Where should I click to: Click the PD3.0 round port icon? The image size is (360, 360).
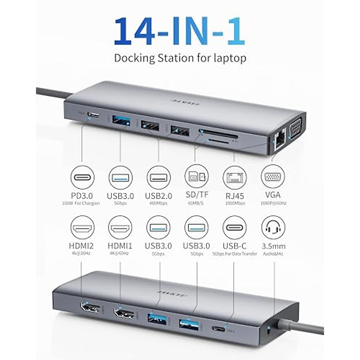[x=82, y=177]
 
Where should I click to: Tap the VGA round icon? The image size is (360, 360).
[x=273, y=177]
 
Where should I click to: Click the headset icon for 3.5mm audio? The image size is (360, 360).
[x=273, y=227]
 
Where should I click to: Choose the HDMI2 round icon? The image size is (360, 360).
[x=82, y=227]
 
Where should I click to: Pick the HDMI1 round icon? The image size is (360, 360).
[x=120, y=227]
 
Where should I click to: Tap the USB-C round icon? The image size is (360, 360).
[x=235, y=227]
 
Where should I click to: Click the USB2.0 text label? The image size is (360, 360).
[x=158, y=196]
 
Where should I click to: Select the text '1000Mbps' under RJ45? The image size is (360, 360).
[x=235, y=203]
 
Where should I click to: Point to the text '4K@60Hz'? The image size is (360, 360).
[x=120, y=253]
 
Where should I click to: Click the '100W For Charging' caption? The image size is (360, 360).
[x=81, y=203]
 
